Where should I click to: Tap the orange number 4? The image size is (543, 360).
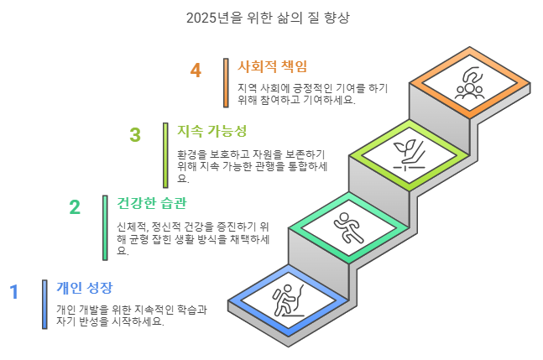coord(196,70)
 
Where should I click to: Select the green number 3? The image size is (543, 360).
coord(135,135)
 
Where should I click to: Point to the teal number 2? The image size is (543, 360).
coord(75,207)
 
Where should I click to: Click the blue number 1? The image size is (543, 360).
coord(13,292)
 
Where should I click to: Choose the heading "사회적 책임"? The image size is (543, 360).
coord(273,66)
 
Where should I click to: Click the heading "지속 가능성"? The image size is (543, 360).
coord(211,132)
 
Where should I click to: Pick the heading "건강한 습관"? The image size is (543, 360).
coord(151,204)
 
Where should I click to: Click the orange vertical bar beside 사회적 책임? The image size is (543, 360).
coord(226,82)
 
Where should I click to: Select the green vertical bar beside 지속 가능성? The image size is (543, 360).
coord(165,155)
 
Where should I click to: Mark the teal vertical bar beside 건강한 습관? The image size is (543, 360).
coord(105,227)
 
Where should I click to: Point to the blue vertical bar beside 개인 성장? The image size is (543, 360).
coord(44,304)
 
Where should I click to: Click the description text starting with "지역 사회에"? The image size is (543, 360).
coord(296,93)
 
